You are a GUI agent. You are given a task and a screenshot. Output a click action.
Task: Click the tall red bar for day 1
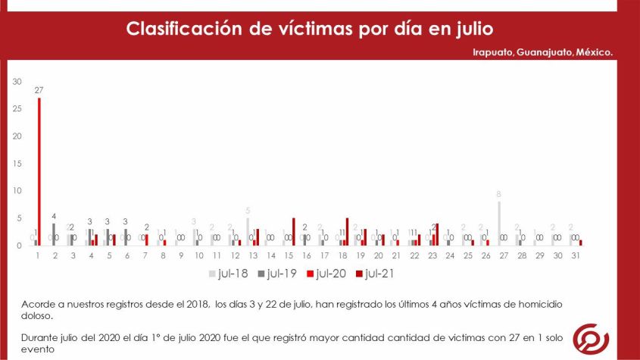[39, 171]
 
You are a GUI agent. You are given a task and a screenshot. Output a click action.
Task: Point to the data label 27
[39, 89]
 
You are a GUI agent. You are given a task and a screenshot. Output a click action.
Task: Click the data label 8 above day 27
[498, 194]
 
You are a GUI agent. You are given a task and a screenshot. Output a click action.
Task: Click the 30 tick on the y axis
[18, 81]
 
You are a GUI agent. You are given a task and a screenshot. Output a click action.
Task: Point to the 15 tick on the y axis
[18, 163]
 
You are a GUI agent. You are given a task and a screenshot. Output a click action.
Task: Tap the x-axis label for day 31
[575, 255]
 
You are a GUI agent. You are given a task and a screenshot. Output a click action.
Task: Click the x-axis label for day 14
[270, 255]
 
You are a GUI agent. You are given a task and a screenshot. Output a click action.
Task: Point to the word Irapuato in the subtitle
[489, 52]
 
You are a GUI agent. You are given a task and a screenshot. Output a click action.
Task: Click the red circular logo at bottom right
[591, 337]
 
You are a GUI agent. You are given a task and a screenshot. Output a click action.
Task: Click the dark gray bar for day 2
[54, 234]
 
